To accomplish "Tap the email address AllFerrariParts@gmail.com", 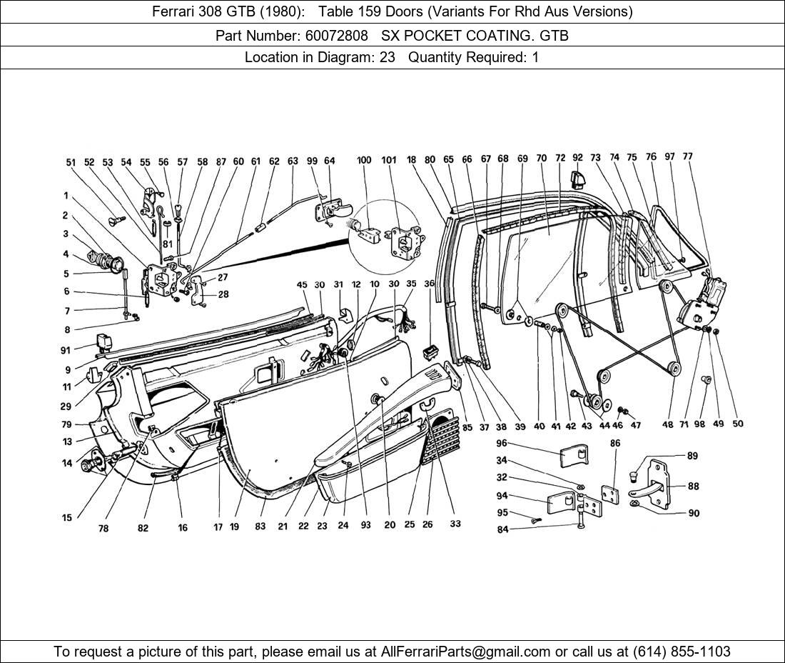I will pyautogui.click(x=466, y=651).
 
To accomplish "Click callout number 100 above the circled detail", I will pyautogui.click(x=364, y=160).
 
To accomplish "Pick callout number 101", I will pyautogui.click(x=389, y=160).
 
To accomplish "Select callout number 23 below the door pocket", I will pyautogui.click(x=323, y=526).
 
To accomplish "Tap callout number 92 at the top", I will pyautogui.click(x=577, y=157).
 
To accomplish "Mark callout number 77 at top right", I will pyautogui.click(x=687, y=156).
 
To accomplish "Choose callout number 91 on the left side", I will pyautogui.click(x=66, y=350).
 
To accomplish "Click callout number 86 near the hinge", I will pyautogui.click(x=614, y=444).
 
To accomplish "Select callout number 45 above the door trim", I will pyautogui.click(x=302, y=285).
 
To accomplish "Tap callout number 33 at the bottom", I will pyautogui.click(x=455, y=524).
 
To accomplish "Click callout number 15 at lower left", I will pyautogui.click(x=66, y=518).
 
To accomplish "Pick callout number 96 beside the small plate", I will pyautogui.click(x=502, y=443).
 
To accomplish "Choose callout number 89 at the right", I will pyautogui.click(x=692, y=456).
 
